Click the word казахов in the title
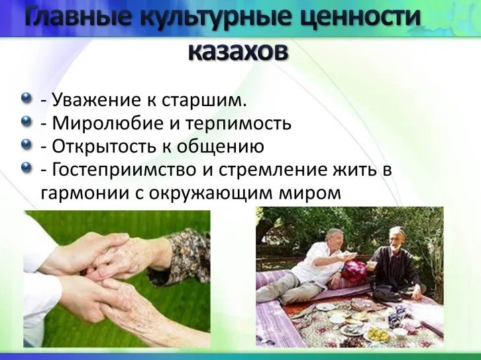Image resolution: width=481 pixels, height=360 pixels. click(238, 52)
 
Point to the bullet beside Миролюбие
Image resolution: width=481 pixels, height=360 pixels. click(27, 121)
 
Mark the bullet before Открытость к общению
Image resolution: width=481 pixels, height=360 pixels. click(27, 144)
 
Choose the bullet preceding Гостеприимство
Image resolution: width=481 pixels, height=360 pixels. click(27, 167)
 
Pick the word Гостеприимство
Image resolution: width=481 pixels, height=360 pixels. click(124, 170)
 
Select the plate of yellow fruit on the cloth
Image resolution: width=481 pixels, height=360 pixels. click(378, 335)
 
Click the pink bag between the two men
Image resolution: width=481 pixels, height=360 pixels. click(354, 270)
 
